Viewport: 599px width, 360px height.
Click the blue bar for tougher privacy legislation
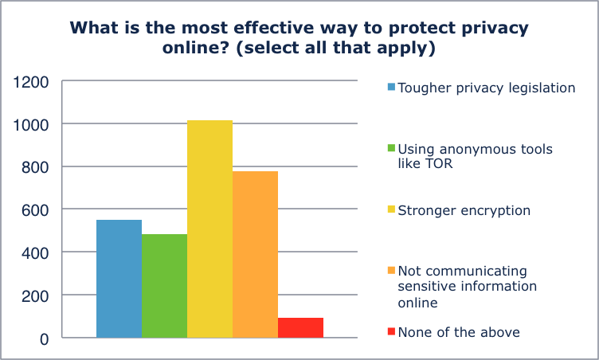(119, 279)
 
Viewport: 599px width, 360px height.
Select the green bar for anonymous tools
(164, 286)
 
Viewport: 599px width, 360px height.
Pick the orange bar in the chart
(255, 255)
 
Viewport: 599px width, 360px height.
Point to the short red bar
(300, 327)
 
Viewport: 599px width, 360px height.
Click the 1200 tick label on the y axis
(32, 82)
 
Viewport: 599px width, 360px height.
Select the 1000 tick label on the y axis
(32, 125)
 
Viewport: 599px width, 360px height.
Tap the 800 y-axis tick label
(36, 167)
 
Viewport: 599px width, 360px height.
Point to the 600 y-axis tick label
(36, 210)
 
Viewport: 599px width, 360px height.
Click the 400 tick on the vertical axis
(36, 252)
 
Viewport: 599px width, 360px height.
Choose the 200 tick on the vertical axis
(36, 295)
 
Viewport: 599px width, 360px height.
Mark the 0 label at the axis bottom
(45, 338)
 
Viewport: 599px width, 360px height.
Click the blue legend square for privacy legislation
(391, 88)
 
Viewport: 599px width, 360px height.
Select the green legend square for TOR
(391, 149)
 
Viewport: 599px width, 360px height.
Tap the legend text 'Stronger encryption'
(464, 210)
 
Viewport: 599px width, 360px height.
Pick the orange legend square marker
(391, 272)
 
